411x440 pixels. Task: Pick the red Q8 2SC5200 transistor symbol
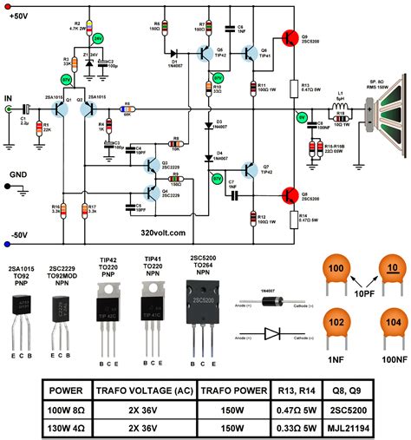tap(289, 195)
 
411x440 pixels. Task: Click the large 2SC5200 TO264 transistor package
tap(209, 299)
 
